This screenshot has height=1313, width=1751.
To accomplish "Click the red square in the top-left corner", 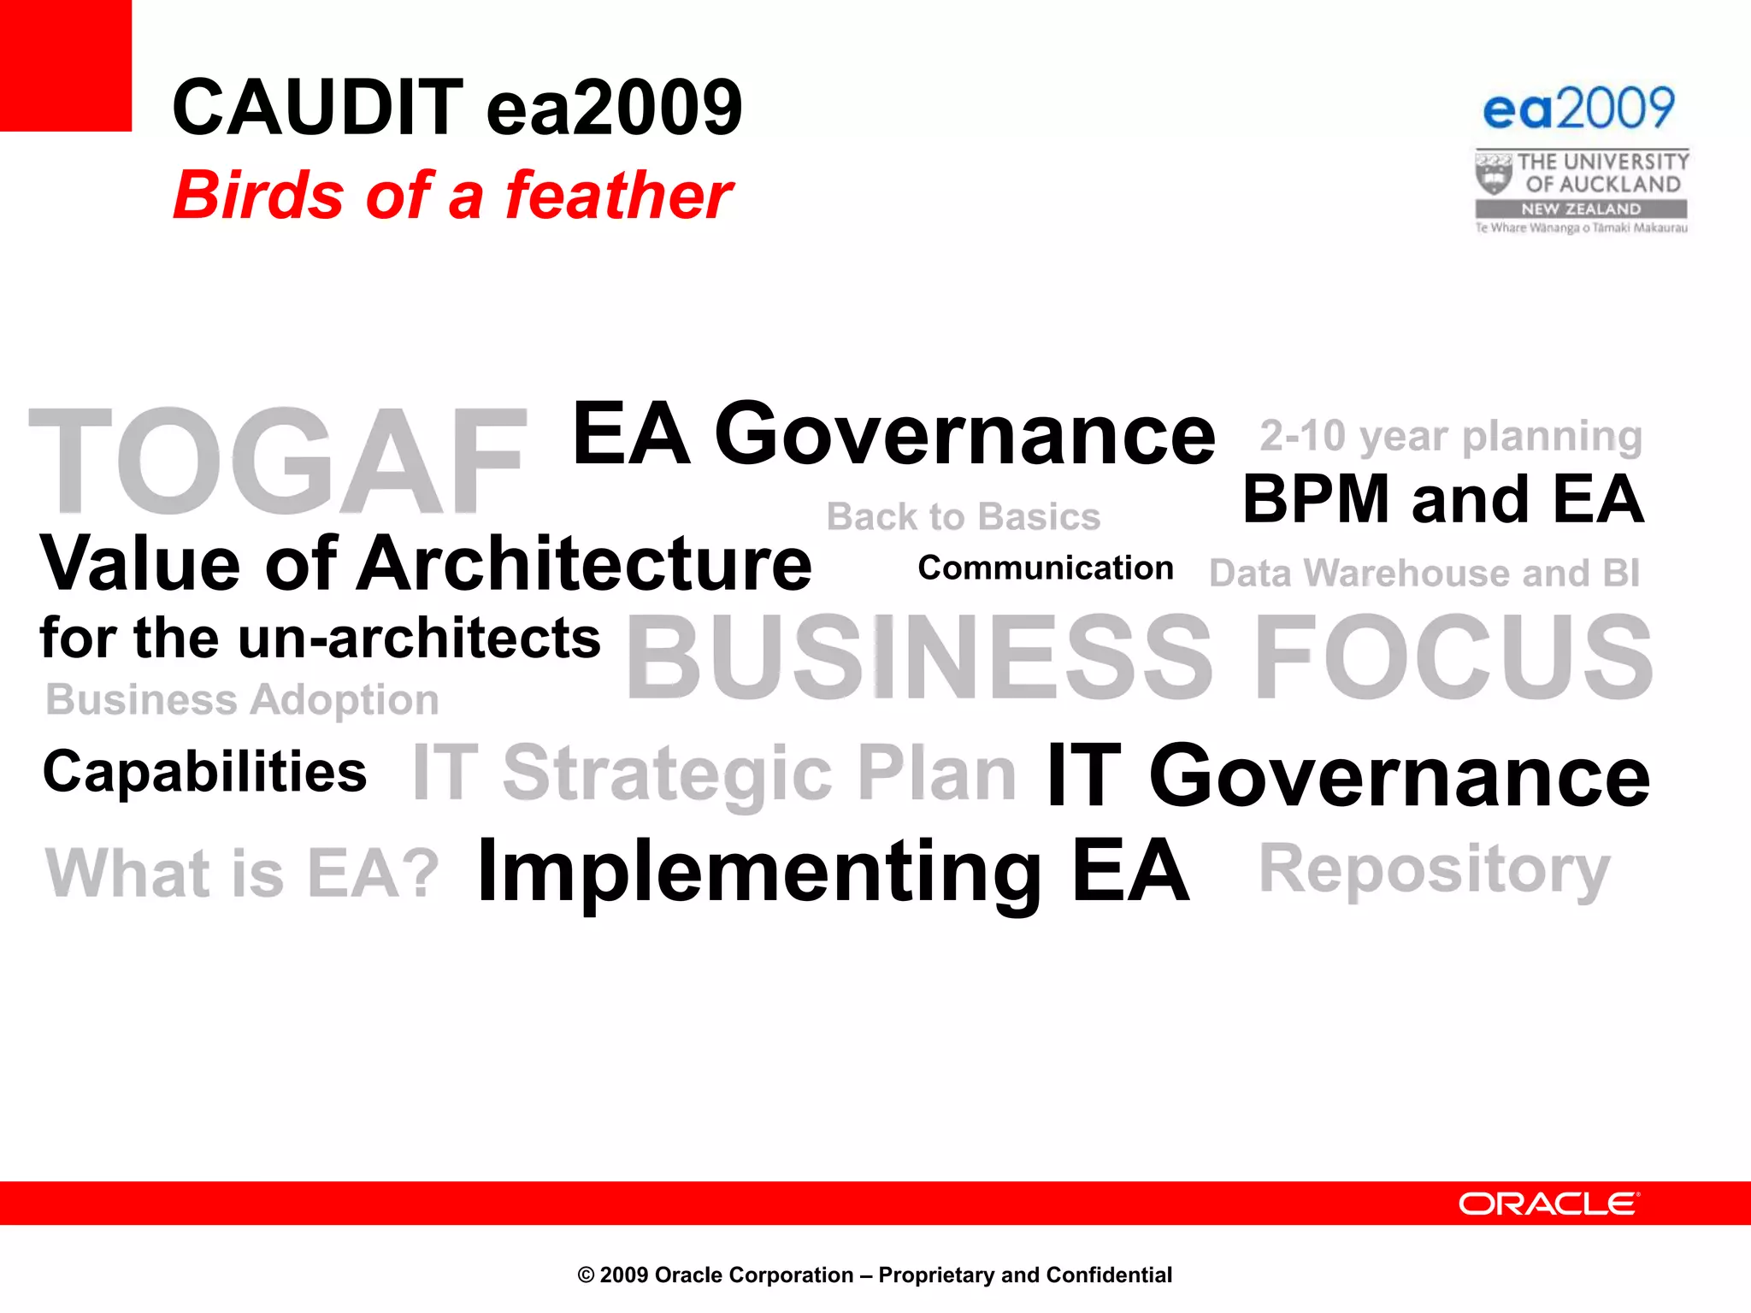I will pos(65,65).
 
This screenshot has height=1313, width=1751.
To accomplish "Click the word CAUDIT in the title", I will pos(317,108).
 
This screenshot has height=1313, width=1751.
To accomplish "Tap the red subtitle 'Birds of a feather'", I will pos(452,195).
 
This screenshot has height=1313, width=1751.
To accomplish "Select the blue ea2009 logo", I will pos(1578,109).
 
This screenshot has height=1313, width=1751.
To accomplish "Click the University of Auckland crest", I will pos(1494,174).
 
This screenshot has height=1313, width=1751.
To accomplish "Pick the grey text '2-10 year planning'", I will pos(1450,436).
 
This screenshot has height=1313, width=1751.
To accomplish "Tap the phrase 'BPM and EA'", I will pos(1442,499).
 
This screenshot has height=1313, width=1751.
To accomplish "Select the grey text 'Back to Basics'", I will pos(964,517).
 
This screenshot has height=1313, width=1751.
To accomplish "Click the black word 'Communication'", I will pos(1045,568).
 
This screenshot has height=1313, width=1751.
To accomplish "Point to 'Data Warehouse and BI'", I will pos(1424,574).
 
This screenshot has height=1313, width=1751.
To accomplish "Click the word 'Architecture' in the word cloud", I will pos(584,564).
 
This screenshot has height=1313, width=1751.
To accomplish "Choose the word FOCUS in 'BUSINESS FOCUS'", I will pos(1453,656).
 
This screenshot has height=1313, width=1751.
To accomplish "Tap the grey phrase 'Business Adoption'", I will pos(242,700).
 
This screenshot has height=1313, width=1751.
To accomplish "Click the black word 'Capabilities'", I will pos(204,772).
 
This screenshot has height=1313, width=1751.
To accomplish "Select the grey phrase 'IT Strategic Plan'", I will pos(714,774).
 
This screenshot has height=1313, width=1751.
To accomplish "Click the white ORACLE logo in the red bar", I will pos(1548,1204).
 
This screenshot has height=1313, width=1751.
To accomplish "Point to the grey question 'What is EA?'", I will pos(242,874).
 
